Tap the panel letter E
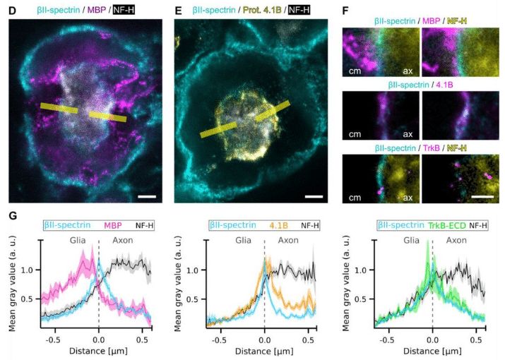(x=178, y=11)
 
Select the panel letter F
(x=345, y=11)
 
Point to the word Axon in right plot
(x=456, y=240)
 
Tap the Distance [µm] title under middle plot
(x=264, y=350)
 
